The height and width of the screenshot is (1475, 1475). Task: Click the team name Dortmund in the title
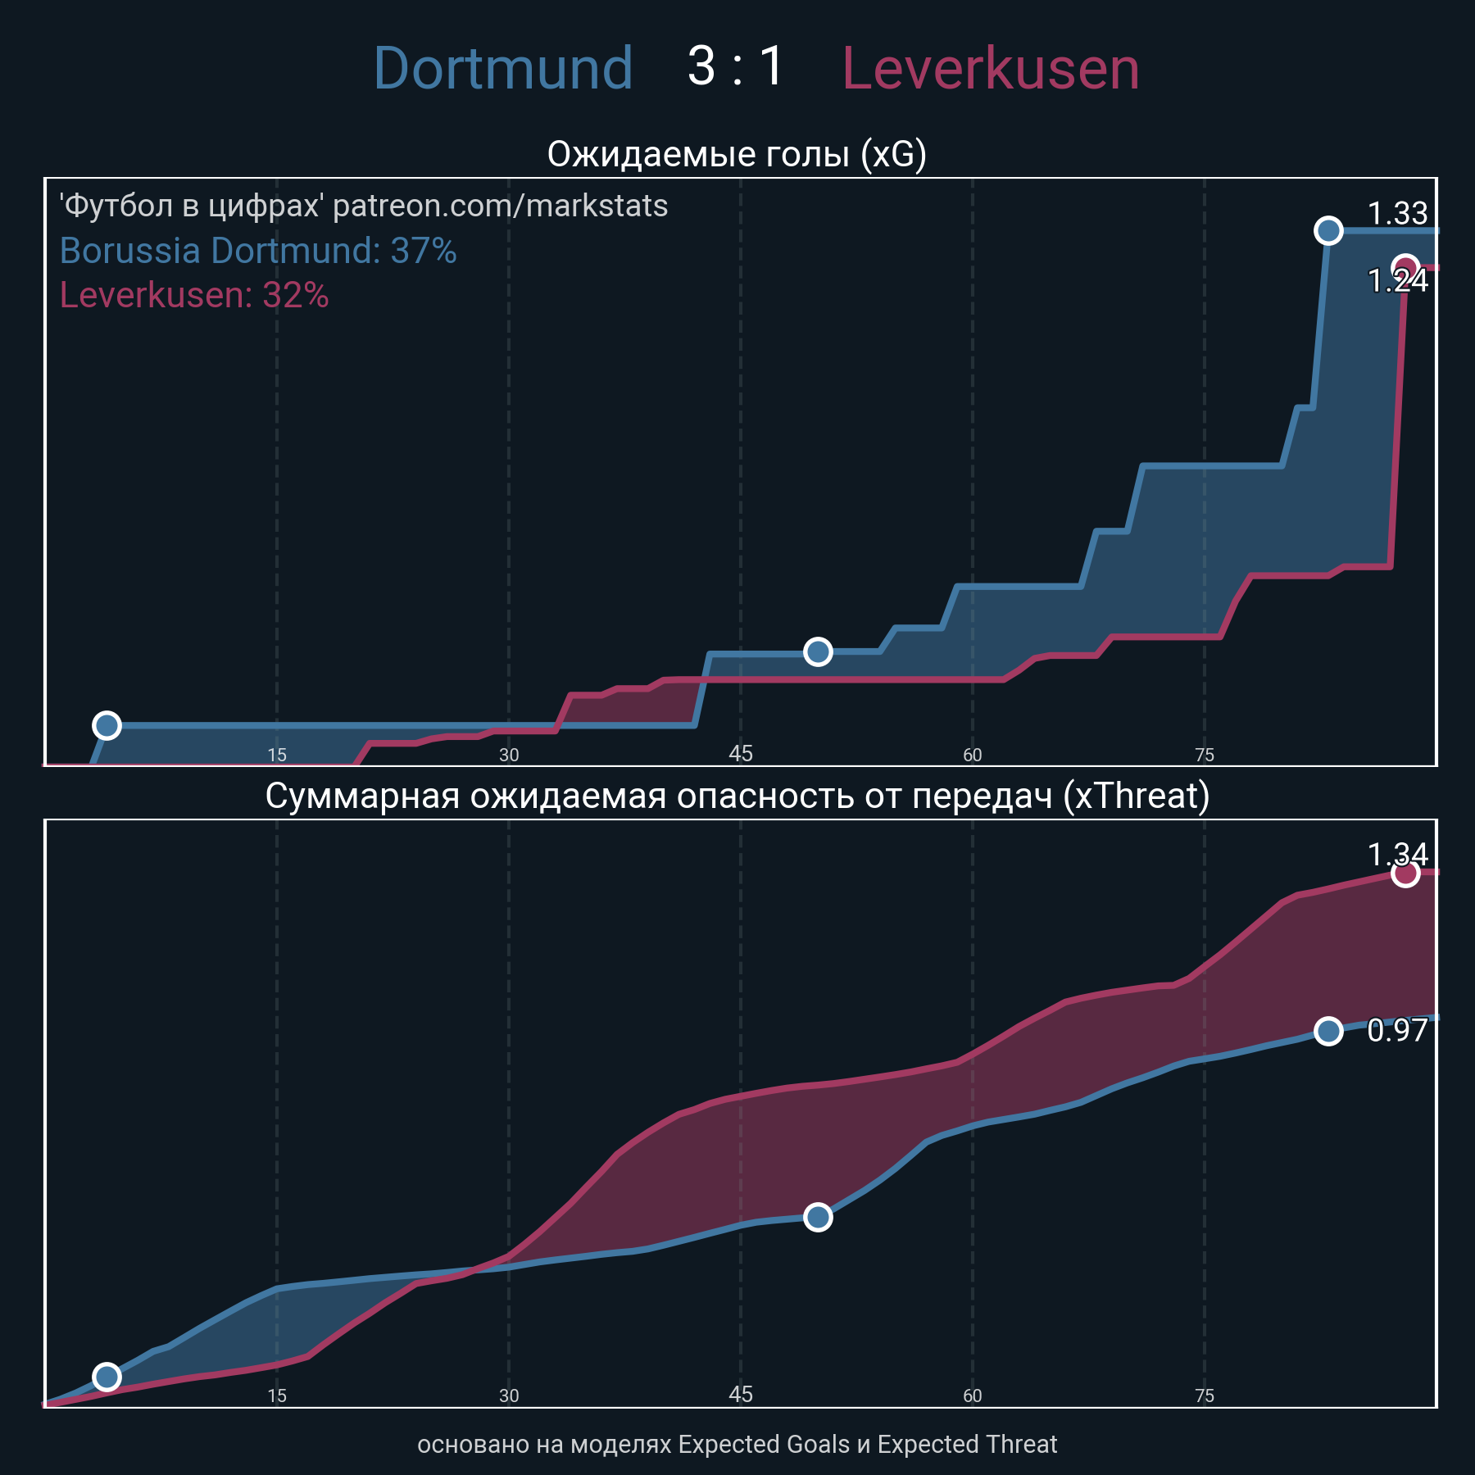(x=502, y=68)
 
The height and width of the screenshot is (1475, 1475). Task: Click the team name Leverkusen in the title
(x=990, y=68)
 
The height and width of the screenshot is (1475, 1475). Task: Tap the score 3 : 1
(x=736, y=66)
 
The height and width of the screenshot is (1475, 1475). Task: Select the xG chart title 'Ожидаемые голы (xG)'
(x=737, y=154)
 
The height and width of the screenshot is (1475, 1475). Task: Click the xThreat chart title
(x=737, y=796)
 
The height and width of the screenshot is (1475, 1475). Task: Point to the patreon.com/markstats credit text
(x=364, y=206)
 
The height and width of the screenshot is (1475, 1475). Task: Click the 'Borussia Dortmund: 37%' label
(x=258, y=251)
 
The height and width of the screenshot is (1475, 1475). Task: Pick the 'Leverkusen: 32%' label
(x=194, y=295)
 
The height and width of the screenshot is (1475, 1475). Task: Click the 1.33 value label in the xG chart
(x=1398, y=214)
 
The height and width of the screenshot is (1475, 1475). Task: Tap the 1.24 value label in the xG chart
(x=1398, y=281)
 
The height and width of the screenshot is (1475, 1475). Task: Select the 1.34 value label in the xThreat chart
(x=1398, y=855)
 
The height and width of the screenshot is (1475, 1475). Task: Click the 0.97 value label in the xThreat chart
(x=1398, y=1030)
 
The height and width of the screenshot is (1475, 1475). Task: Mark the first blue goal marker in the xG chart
(x=107, y=725)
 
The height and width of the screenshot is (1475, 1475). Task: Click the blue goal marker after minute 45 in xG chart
(x=818, y=651)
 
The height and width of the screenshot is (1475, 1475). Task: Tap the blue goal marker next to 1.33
(x=1328, y=231)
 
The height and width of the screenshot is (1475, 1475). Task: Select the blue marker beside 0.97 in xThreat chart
(x=1328, y=1031)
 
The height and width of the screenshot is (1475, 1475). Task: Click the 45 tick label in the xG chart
(x=741, y=754)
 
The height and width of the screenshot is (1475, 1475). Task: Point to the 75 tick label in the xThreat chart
(x=1205, y=1396)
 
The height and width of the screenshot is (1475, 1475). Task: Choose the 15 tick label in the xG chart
(x=277, y=755)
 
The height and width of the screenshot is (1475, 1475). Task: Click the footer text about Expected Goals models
(x=737, y=1444)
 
